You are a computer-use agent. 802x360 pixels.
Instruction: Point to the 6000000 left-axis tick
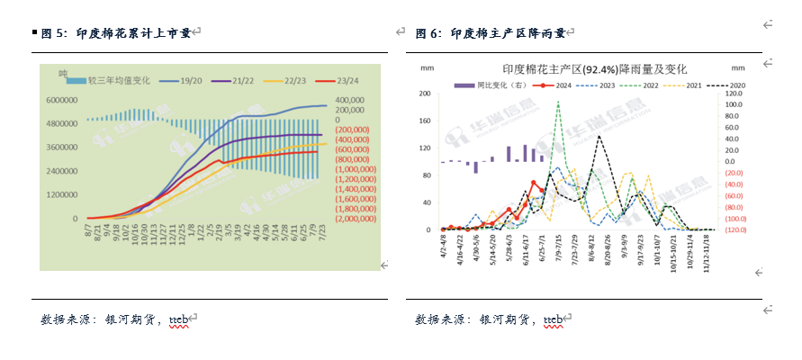click(61, 101)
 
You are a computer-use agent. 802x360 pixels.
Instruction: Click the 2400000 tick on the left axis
click(61, 171)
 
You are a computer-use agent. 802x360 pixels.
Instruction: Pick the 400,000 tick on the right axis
click(350, 101)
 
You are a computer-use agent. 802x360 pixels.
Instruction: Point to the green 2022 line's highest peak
click(558, 102)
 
